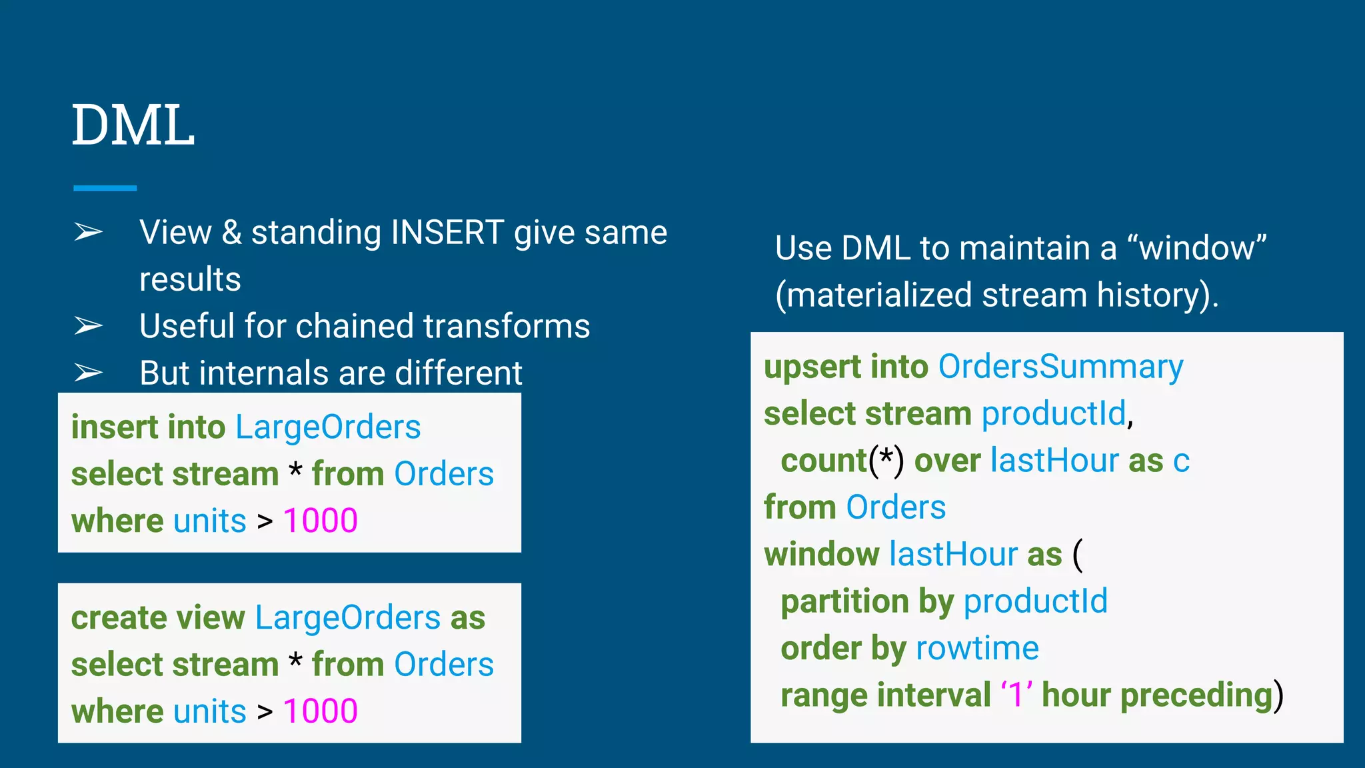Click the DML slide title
133,125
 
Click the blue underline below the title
105,189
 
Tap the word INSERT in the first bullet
447,233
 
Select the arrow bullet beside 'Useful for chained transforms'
88,326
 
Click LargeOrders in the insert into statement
328,427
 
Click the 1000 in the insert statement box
321,521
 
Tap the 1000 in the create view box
321,711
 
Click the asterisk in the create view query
295,662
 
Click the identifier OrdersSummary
1060,367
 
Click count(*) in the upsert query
842,461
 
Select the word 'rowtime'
977,648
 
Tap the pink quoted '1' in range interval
1016,695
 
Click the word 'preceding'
1197,695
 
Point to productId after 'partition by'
1035,601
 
